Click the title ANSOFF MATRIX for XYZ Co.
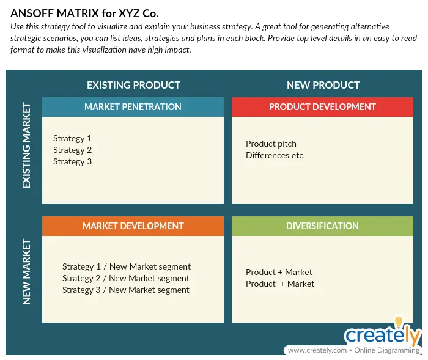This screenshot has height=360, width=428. [x=84, y=13]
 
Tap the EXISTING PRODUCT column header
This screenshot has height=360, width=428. [x=133, y=85]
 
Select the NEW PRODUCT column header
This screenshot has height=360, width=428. [x=323, y=85]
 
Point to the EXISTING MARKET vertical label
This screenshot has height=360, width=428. [x=26, y=145]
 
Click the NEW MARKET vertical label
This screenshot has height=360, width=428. [x=26, y=272]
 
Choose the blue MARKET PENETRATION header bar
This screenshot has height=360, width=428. [x=133, y=107]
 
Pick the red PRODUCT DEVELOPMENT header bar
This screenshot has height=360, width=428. [x=322, y=107]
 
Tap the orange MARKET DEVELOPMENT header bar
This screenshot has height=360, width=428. [x=133, y=226]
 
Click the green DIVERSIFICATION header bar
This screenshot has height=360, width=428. [x=322, y=226]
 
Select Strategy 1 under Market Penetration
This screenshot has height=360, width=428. [x=72, y=138]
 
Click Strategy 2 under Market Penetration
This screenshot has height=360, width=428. [x=72, y=150]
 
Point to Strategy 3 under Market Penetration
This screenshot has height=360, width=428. [x=72, y=161]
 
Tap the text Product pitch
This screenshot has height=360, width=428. [x=271, y=144]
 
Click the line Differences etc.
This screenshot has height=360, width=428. [x=275, y=155]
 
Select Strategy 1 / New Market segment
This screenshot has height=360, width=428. [x=127, y=266]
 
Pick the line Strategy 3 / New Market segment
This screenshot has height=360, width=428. [x=125, y=290]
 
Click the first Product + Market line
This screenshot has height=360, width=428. [x=279, y=272]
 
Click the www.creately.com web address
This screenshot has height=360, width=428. [x=317, y=350]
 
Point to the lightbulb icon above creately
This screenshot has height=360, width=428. [x=399, y=321]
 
